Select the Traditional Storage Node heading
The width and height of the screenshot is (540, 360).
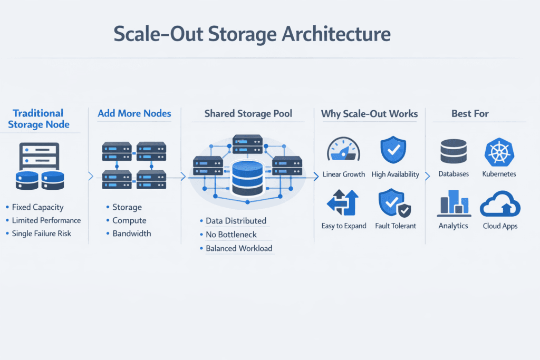(38, 119)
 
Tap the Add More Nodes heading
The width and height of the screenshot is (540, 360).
(134, 113)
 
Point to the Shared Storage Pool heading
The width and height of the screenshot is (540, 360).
(247, 114)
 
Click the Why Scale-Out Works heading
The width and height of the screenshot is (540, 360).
(369, 114)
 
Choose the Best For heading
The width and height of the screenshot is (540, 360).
(470, 114)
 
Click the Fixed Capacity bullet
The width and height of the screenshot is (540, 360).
(37, 208)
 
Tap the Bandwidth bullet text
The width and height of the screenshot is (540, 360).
(131, 233)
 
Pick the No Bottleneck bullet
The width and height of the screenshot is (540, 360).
(232, 235)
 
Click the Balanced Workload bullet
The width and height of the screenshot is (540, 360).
(239, 248)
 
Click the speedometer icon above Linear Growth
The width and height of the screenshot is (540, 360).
(343, 150)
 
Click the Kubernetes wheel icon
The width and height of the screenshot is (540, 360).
(499, 152)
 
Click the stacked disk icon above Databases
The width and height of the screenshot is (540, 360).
(454, 151)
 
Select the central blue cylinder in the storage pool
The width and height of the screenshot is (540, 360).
(247, 178)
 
